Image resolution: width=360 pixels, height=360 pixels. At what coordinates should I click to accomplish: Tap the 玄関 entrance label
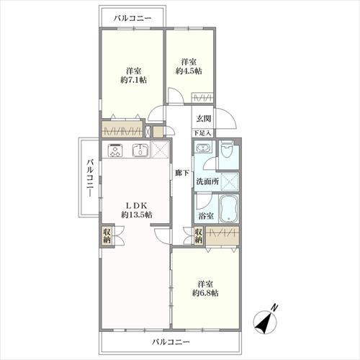pyautogui.click(x=202, y=118)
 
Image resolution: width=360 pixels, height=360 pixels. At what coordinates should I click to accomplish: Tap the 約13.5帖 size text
pyautogui.click(x=136, y=215)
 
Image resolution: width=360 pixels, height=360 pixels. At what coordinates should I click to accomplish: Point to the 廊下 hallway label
pyautogui.click(x=181, y=174)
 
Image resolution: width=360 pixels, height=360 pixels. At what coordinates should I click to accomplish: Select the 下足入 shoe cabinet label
pyautogui.click(x=202, y=134)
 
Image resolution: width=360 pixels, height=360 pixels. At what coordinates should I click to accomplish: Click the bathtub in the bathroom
pyautogui.click(x=230, y=210)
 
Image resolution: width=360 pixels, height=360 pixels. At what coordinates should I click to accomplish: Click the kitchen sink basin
pyautogui.click(x=140, y=151)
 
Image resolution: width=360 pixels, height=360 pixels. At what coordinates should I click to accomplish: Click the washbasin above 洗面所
pyautogui.click(x=203, y=151)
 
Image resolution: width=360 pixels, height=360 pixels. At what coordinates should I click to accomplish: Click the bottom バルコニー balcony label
pyautogui.click(x=171, y=341)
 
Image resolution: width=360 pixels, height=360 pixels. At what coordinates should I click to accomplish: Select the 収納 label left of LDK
pyautogui.click(x=107, y=236)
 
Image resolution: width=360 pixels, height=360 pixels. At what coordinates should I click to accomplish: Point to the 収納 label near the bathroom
pyautogui.click(x=198, y=236)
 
